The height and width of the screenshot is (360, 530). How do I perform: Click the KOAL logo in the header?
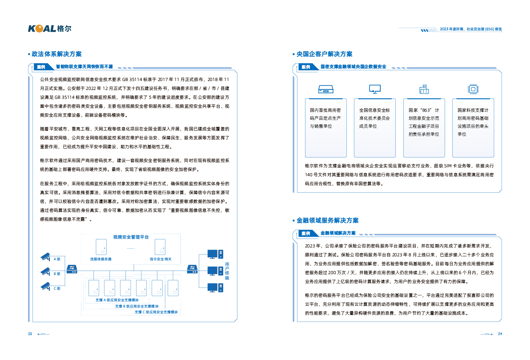coord(49,28)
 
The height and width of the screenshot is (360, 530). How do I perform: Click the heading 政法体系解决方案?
coord(56,54)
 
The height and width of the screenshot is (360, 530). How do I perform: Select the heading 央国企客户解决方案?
coord(324,54)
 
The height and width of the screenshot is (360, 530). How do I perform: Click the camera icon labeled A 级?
coord(45,257)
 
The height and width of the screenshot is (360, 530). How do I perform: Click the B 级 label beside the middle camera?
coord(57,274)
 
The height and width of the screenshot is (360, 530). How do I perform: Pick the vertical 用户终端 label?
coord(227,271)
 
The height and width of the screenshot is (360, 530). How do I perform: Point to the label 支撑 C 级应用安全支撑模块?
coord(156,312)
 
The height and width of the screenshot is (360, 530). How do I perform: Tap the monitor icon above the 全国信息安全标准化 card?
coord(374,89)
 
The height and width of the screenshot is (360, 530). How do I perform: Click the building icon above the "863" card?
coord(424,89)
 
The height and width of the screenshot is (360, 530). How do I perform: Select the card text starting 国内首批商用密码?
coord(325,118)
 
